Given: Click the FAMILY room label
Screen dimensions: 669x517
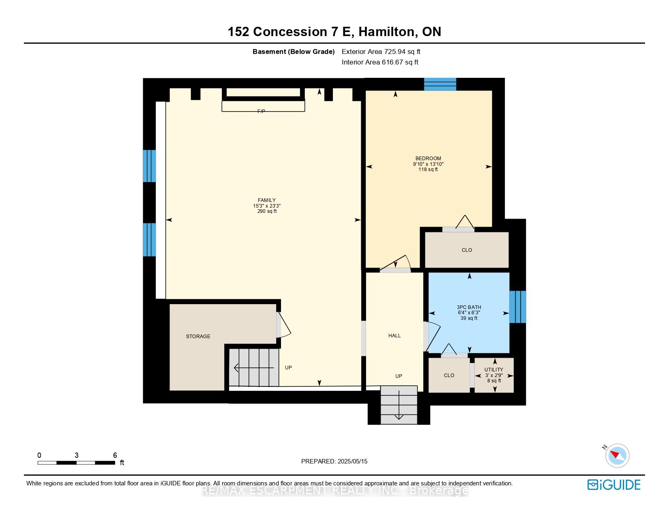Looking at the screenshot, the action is (267, 200).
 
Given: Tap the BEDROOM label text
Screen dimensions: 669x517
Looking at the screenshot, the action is (428, 159).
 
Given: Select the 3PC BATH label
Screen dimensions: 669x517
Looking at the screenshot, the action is (469, 307).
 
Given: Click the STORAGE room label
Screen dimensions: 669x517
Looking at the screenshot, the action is (198, 336).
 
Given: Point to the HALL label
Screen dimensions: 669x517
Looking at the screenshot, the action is (395, 336).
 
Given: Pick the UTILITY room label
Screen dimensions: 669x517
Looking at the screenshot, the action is (494, 369).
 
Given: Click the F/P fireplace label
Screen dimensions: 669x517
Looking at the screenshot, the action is (261, 111).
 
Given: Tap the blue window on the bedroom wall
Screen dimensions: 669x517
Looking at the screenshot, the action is (440, 84).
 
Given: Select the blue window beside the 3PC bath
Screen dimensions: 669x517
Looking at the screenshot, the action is (517, 307).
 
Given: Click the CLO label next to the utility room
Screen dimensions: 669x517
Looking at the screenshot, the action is (449, 375).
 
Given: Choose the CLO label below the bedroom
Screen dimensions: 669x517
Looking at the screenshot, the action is (467, 250).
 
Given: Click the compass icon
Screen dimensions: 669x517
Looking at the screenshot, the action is (617, 456).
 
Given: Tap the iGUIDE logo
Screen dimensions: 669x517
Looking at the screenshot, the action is (613, 485).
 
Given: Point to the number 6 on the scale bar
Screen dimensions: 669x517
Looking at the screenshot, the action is (115, 455).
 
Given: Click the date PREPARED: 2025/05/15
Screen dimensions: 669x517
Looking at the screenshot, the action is (334, 461).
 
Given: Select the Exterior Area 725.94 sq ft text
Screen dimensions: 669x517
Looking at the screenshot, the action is (381, 52).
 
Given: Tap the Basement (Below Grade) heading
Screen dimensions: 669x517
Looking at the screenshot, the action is (294, 52).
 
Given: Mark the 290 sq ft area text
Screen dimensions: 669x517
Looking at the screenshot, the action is (267, 211).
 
